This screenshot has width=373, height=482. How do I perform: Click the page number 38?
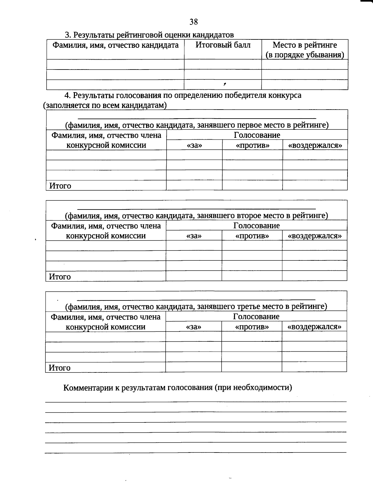(x=193, y=22)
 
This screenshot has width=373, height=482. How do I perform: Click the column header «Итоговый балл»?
(x=223, y=45)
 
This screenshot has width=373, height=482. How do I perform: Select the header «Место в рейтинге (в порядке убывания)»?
(x=305, y=50)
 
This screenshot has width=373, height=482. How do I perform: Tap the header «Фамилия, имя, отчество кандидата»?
(x=115, y=45)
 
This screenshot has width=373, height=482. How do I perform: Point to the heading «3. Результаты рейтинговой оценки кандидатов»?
(x=149, y=35)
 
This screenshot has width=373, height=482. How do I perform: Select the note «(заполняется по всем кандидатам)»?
(x=105, y=105)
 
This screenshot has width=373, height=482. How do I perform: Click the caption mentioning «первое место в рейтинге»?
(x=197, y=125)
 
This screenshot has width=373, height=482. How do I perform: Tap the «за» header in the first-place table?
(x=195, y=145)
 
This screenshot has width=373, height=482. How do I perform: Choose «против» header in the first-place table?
(x=252, y=145)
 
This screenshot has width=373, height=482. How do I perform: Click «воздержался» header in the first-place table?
(x=315, y=145)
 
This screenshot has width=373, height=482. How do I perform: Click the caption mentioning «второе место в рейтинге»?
(x=196, y=216)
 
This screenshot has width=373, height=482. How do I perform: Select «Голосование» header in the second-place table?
(x=256, y=226)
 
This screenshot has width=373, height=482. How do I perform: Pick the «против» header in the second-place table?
(x=252, y=236)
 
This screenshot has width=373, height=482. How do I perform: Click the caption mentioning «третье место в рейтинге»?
(x=196, y=307)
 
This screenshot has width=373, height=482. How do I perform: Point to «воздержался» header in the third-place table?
(x=314, y=327)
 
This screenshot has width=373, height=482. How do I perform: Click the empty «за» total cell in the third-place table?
(x=193, y=367)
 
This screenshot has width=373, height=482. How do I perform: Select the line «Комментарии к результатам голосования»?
(x=177, y=388)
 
